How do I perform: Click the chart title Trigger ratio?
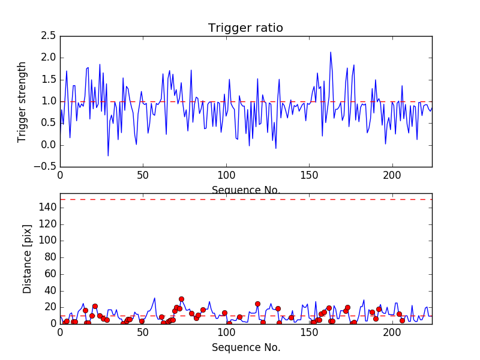245,28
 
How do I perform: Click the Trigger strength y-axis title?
22,101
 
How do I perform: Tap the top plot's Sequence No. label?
245,190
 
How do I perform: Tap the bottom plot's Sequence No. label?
245,347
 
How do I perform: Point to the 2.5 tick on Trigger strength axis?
49,36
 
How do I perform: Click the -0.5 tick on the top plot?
47,167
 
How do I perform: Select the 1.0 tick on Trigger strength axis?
49,101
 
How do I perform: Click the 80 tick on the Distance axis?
50,257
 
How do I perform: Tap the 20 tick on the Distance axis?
50,307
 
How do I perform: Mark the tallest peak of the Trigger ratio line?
331,52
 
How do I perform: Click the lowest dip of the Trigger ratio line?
108,156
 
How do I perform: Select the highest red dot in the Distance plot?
181,299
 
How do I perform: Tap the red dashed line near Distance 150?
245,199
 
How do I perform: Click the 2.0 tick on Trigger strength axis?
49,58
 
